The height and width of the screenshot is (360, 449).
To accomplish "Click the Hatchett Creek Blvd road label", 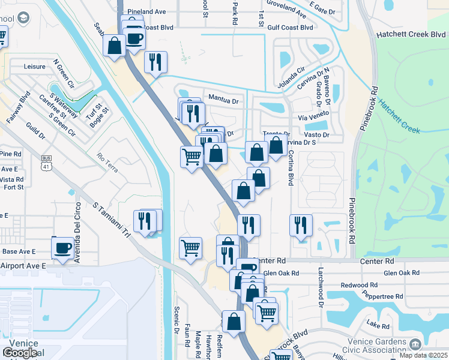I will [x=411, y=35].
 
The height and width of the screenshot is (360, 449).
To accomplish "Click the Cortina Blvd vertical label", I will [x=291, y=166].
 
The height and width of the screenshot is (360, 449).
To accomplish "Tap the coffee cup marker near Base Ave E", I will [x=63, y=248].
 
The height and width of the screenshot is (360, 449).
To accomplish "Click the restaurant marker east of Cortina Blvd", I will [x=301, y=226].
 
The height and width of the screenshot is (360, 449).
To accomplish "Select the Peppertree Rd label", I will [x=382, y=296].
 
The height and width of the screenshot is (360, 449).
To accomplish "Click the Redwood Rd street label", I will [x=358, y=285].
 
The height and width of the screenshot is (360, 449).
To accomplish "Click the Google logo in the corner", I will [x=20, y=353].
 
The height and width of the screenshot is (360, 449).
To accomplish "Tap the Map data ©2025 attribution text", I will [x=424, y=355].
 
